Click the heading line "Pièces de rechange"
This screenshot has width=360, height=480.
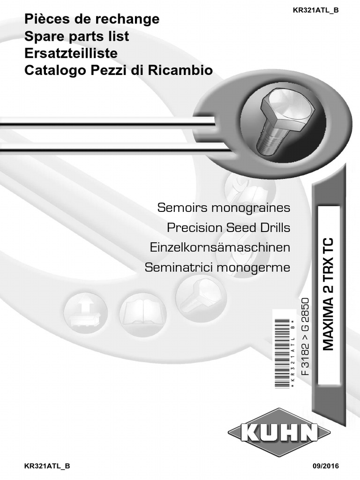point(92,20)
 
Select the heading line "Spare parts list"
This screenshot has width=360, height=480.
point(76,37)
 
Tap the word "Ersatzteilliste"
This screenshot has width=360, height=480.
point(71,53)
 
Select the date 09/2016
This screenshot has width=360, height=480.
point(324,466)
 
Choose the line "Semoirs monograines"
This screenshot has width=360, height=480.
point(224,207)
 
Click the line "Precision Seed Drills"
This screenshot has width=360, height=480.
point(229,228)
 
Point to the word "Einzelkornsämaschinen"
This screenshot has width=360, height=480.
point(220,247)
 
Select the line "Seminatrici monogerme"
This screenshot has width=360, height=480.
point(217,268)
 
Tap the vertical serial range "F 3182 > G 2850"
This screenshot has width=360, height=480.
point(305,335)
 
